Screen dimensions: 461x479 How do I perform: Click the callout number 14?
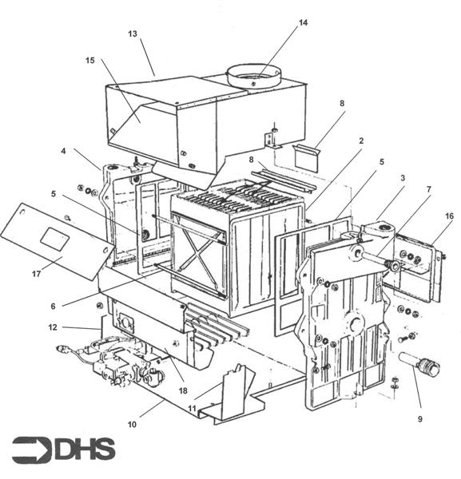303,22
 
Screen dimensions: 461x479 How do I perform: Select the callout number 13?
133,34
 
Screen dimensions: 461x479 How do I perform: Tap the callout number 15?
89,61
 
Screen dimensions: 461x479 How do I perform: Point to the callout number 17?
36,274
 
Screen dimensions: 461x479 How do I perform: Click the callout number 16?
449,216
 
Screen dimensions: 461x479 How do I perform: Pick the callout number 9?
419,419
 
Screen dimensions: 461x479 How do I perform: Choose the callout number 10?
132,425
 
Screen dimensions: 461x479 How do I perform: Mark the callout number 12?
53,327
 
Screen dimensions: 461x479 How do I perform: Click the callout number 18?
183,390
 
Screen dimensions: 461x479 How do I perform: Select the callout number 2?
361,141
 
